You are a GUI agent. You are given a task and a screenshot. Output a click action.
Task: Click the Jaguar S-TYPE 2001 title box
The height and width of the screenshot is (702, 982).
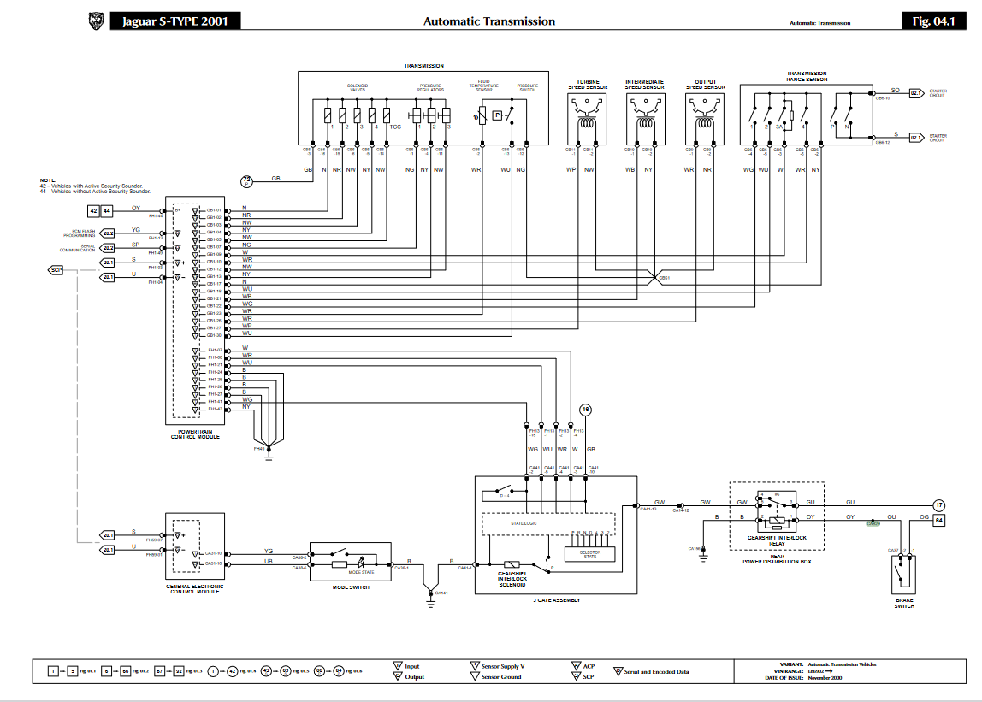pos(175,21)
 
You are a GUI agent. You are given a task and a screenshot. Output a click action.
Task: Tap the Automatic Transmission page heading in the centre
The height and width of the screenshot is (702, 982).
pos(489,21)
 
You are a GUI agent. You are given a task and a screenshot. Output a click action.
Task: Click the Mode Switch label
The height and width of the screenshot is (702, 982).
pos(351,587)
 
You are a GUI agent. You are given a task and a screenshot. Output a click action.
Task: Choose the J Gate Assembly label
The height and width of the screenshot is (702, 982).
pos(556,599)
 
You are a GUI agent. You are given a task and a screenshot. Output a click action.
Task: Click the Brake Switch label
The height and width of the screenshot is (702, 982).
pos(904,604)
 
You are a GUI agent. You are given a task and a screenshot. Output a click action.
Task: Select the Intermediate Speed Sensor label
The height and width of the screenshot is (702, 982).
pos(645,85)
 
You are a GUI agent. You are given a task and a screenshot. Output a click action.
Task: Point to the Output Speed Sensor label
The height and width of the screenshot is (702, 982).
pos(705,85)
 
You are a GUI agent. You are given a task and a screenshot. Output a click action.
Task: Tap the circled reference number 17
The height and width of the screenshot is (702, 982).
pos(938,504)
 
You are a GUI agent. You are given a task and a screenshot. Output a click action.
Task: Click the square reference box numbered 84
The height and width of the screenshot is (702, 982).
pos(938,519)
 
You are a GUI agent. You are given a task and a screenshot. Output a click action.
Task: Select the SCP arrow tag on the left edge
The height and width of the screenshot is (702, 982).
pos(56,270)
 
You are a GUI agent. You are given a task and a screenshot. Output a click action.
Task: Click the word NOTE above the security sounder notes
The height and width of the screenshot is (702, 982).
pos(46,179)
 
